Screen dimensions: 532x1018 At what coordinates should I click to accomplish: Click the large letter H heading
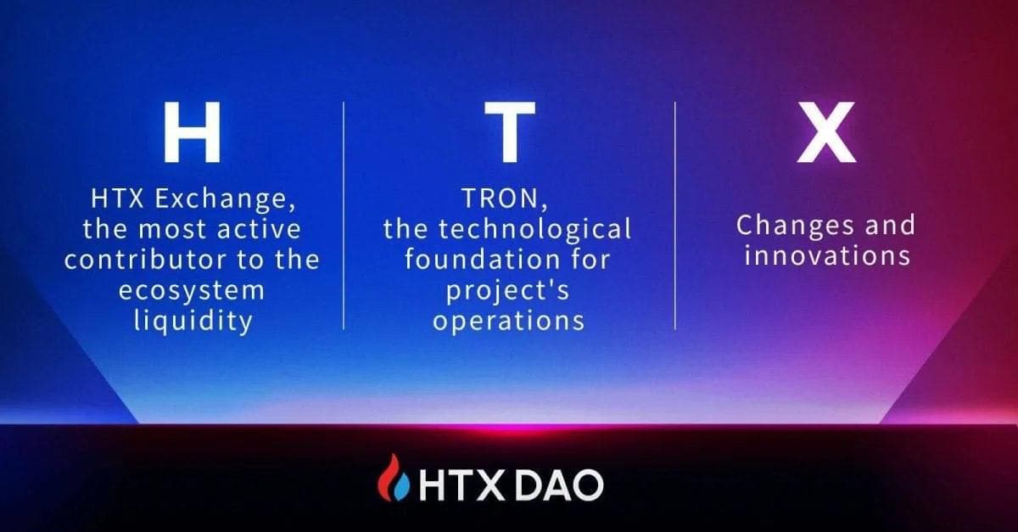pos(193,133)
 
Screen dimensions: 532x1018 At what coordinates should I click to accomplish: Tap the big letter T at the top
pos(509,133)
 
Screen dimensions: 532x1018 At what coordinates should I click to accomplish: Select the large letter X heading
pos(825,133)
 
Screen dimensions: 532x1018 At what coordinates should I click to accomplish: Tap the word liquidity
pos(193,322)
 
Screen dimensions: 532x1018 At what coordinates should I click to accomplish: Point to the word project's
pos(508,291)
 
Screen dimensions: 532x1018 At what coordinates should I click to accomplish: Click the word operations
pos(508,321)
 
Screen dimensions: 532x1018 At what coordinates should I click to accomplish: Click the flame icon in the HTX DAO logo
pos(393,479)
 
